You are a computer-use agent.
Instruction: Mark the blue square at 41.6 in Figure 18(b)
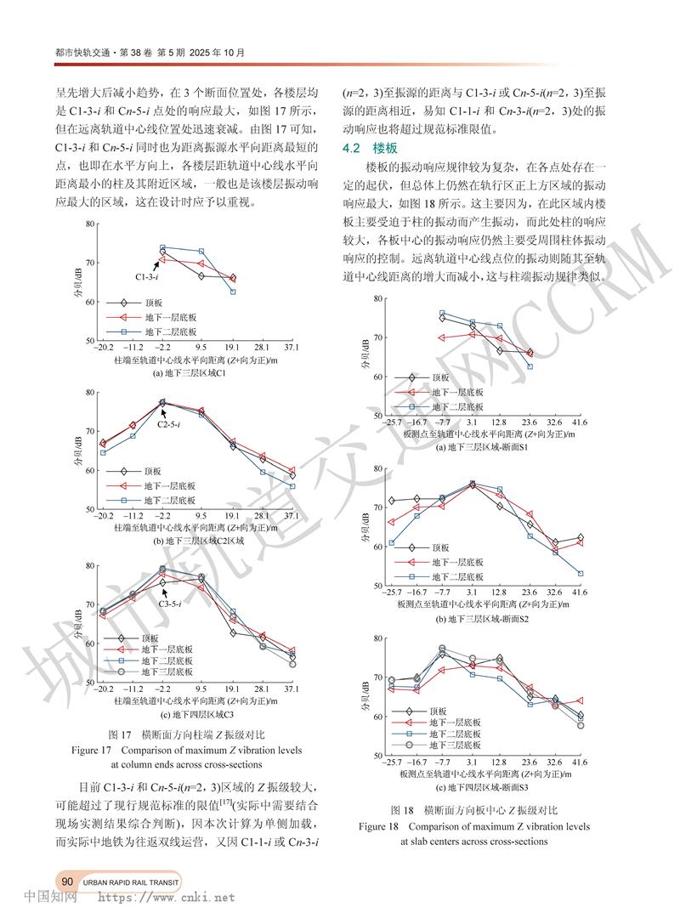coord(580,574)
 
